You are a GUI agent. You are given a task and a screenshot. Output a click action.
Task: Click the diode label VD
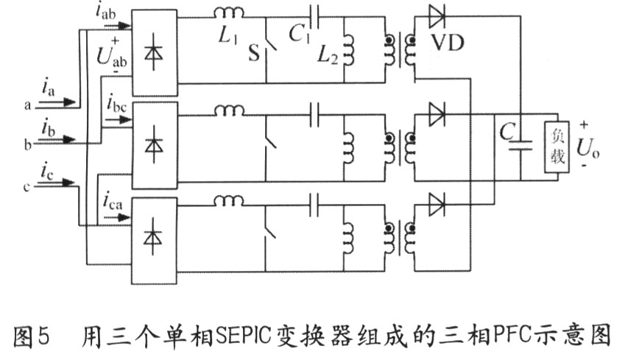[450, 42]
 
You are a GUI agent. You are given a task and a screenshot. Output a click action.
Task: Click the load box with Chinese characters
[555, 147]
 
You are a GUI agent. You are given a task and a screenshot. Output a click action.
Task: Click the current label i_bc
[116, 99]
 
